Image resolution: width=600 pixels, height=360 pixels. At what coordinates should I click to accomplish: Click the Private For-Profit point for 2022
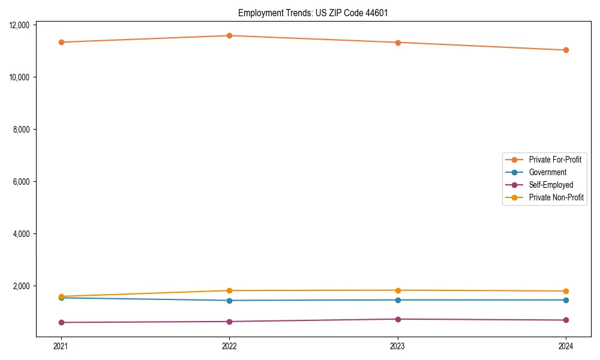click(x=229, y=35)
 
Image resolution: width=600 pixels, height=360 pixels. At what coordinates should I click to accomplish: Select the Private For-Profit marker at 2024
click(x=566, y=50)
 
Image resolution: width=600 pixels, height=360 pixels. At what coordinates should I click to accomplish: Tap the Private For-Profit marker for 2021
click(x=61, y=42)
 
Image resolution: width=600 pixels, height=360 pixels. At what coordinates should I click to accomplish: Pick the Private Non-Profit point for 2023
click(x=398, y=290)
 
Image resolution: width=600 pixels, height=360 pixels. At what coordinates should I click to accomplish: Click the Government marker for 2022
click(x=229, y=301)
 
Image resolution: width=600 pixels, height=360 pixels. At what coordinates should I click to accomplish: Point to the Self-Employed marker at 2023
click(x=398, y=319)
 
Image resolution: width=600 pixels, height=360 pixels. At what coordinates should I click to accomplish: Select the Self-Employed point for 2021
click(x=61, y=322)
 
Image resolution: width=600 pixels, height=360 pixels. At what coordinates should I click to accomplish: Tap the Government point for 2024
click(x=566, y=300)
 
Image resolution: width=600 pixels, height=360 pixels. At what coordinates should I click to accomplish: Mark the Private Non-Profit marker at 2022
click(x=229, y=290)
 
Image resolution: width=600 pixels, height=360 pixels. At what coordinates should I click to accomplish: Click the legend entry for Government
click(x=547, y=172)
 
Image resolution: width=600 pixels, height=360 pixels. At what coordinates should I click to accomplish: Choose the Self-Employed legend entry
click(x=551, y=185)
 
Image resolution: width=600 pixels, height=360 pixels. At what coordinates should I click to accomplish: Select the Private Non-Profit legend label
click(x=556, y=197)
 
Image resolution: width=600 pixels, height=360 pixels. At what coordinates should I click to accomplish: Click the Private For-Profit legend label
click(x=555, y=160)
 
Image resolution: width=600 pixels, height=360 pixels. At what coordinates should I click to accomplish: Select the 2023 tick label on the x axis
click(x=398, y=346)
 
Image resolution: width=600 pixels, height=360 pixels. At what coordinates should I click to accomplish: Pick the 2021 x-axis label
click(x=61, y=346)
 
